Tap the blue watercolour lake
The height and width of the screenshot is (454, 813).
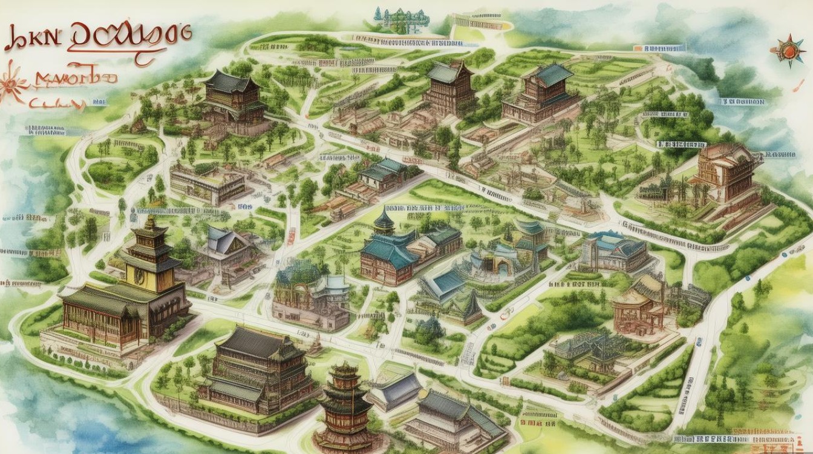[x=36, y=412]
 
